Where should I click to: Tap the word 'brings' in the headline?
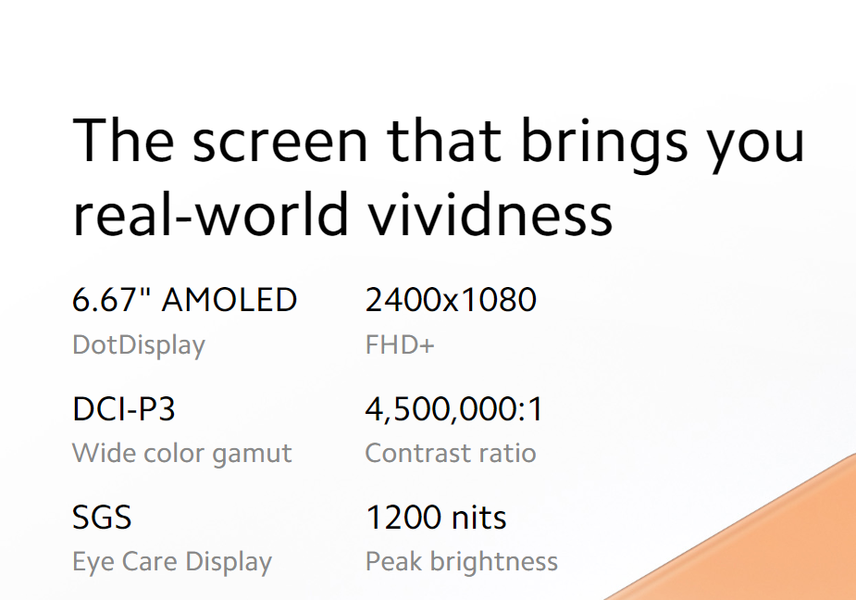pyautogui.click(x=603, y=144)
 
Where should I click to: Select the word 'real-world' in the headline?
pyautogui.click(x=210, y=214)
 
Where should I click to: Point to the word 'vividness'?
pyautogui.click(x=490, y=214)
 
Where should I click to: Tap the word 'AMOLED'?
pyautogui.click(x=230, y=300)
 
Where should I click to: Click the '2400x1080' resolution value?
pyautogui.click(x=451, y=300)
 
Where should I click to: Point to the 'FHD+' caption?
pyautogui.click(x=400, y=344)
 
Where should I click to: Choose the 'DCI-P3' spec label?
pyautogui.click(x=123, y=408)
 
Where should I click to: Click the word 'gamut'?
pyautogui.click(x=252, y=454)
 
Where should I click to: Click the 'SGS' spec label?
pyautogui.click(x=102, y=517)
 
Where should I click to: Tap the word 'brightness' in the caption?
pyautogui.click(x=494, y=562)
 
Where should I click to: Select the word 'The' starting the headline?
pyautogui.click(x=124, y=141)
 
